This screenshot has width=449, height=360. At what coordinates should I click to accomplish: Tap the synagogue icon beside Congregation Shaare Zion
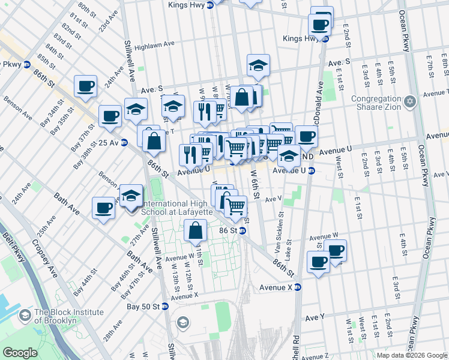(410, 100)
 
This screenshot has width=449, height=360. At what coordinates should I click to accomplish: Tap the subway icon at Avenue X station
(298, 288)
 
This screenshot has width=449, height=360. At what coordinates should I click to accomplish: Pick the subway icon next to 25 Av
(124, 143)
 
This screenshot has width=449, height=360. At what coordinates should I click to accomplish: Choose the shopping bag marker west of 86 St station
(196, 230)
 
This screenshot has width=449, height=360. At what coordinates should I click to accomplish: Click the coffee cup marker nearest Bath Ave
(104, 209)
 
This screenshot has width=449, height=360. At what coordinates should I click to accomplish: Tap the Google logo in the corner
(20, 353)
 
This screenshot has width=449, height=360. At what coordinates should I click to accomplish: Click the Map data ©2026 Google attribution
(412, 355)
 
